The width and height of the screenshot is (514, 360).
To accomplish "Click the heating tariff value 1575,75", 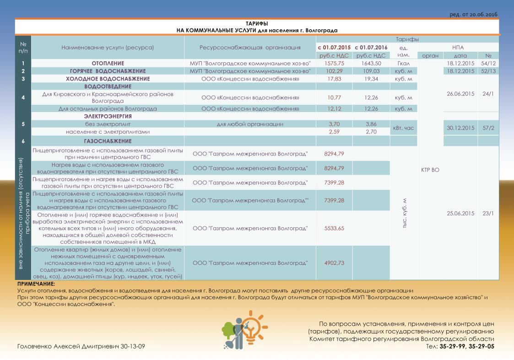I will click(x=334, y=63).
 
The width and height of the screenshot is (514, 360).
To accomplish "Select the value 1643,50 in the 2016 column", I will click(x=371, y=63).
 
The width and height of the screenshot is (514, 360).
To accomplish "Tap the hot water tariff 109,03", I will click(x=371, y=71).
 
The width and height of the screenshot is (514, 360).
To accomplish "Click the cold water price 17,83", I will click(x=334, y=79).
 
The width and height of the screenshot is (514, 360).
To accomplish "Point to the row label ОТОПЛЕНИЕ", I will click(x=108, y=63).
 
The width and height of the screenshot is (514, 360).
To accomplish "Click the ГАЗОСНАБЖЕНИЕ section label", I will click(x=108, y=141).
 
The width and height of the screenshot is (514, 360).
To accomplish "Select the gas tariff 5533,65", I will click(x=334, y=228).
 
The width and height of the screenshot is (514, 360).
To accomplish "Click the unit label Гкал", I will click(x=403, y=63).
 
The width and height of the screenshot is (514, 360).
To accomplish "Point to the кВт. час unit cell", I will click(x=403, y=128).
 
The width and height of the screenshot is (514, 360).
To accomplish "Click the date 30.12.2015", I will click(x=460, y=128).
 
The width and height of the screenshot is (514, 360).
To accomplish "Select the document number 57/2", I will click(x=488, y=128).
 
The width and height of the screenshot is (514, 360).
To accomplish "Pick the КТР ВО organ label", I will click(x=430, y=170).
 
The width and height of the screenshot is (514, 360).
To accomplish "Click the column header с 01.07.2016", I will click(x=371, y=47).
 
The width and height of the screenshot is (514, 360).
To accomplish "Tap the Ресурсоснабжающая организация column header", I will click(x=250, y=47).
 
